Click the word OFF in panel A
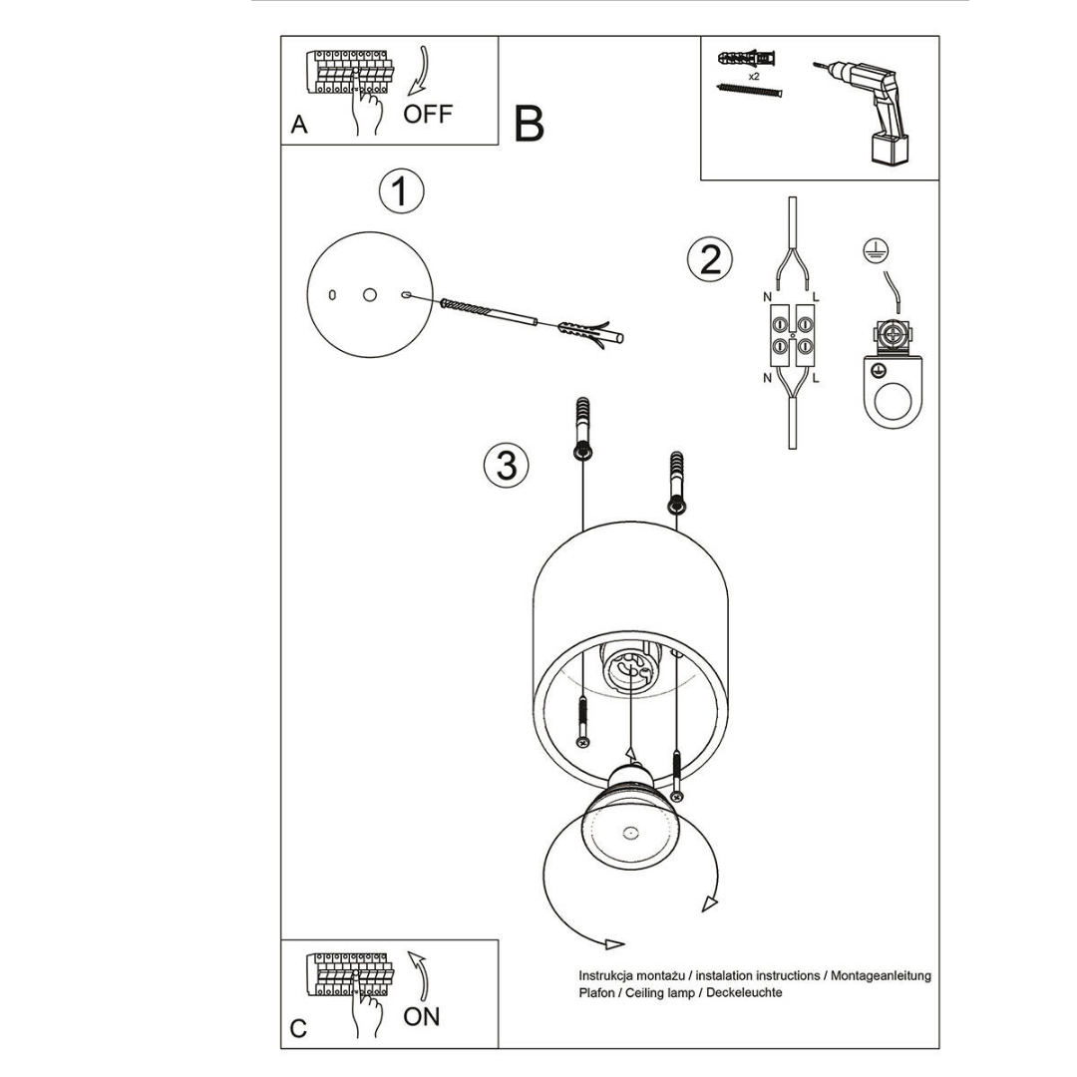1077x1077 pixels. pos(428,113)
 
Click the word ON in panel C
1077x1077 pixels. pos(421,1016)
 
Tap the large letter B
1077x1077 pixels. pos(530,124)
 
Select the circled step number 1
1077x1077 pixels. pos(401,191)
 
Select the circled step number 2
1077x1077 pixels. pos(710,259)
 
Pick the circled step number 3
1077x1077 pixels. pos(507,466)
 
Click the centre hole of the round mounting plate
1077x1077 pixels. pos(370,295)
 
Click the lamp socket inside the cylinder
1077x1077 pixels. pos(630,667)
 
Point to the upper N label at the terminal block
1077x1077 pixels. pos(766,296)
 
